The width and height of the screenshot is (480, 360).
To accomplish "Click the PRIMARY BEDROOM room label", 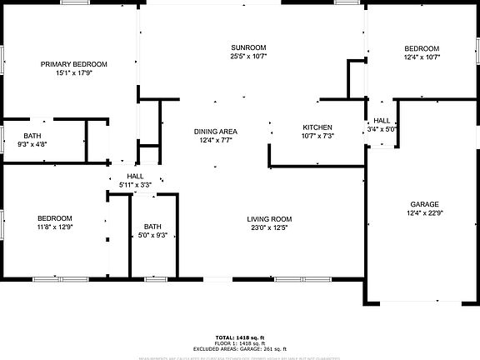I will click(74, 64).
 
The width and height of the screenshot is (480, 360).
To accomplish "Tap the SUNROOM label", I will click(248, 47).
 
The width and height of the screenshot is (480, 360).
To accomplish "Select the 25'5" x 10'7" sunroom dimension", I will click(248, 57).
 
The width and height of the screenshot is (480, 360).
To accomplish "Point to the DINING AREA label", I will click(216, 132).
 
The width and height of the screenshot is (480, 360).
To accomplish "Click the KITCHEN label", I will click(317, 127).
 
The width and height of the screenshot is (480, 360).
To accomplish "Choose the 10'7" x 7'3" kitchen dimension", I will click(317, 136).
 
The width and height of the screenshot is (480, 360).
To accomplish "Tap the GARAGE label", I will click(424, 204).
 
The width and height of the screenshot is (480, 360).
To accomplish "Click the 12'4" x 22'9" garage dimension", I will click(424, 213).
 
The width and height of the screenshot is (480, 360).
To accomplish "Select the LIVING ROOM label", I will click(268, 219).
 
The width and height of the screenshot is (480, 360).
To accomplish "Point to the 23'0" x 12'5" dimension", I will click(268, 228).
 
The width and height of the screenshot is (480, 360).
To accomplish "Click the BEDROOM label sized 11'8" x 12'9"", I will click(54, 217).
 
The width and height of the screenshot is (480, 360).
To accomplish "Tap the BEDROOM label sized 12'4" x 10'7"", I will click(422, 48).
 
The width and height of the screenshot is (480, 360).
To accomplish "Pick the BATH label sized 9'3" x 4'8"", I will click(32, 136).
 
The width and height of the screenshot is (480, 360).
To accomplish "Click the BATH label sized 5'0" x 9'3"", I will click(152, 226).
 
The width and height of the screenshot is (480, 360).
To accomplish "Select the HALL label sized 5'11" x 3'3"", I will click(135, 175).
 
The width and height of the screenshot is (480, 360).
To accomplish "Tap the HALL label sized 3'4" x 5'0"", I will click(382, 121).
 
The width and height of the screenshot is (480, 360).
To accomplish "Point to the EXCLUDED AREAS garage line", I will click(240, 348).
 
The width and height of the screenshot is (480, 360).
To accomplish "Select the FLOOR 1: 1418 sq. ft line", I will click(240, 342).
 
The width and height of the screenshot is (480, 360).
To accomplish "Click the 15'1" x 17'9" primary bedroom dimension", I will click(74, 73).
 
